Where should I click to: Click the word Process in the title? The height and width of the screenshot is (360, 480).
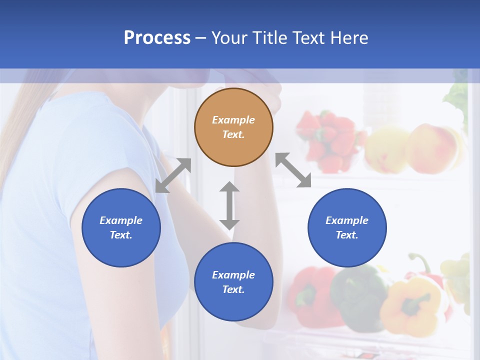[x=157, y=38]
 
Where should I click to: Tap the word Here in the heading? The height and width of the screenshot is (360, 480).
[x=349, y=38]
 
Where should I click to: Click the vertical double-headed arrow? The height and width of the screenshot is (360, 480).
[x=229, y=205]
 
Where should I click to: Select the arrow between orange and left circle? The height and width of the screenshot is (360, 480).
[x=173, y=175]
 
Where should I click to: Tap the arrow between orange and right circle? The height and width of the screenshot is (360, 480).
[x=293, y=170]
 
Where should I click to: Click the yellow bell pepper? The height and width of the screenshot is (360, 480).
[x=410, y=305]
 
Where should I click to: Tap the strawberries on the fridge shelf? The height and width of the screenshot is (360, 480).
[x=327, y=140]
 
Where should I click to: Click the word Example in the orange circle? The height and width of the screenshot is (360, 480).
[x=233, y=120]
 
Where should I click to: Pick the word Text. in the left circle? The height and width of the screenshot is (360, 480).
[x=121, y=235]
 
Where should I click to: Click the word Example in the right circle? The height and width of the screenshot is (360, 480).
[x=347, y=220]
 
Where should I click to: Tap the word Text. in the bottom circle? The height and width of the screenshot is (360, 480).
[x=233, y=289]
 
